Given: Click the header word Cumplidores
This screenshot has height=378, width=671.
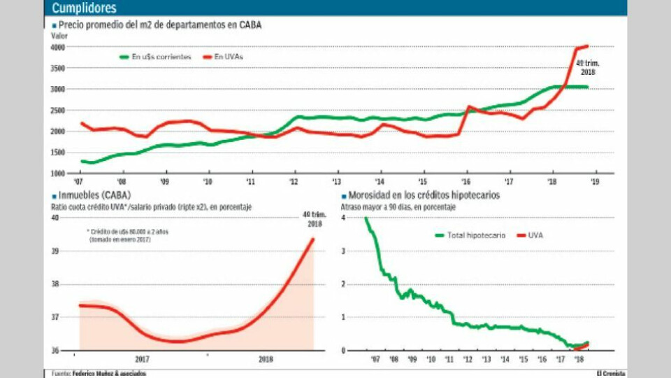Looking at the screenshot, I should coord(85,8).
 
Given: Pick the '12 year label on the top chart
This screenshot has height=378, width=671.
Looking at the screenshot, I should coord(294,181).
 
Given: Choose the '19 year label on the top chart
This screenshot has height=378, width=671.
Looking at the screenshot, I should coord(594,181).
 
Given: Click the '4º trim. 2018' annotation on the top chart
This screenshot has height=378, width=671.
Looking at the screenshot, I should coord(586,67).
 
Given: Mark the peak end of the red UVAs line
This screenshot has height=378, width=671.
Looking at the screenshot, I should coord(586,46).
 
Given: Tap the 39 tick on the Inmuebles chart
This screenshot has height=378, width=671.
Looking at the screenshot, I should coord(55,251).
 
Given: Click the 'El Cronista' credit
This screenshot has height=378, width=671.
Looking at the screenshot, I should coord(610,373).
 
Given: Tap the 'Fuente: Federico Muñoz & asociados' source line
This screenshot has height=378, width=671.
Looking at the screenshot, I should coord(99,373).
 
